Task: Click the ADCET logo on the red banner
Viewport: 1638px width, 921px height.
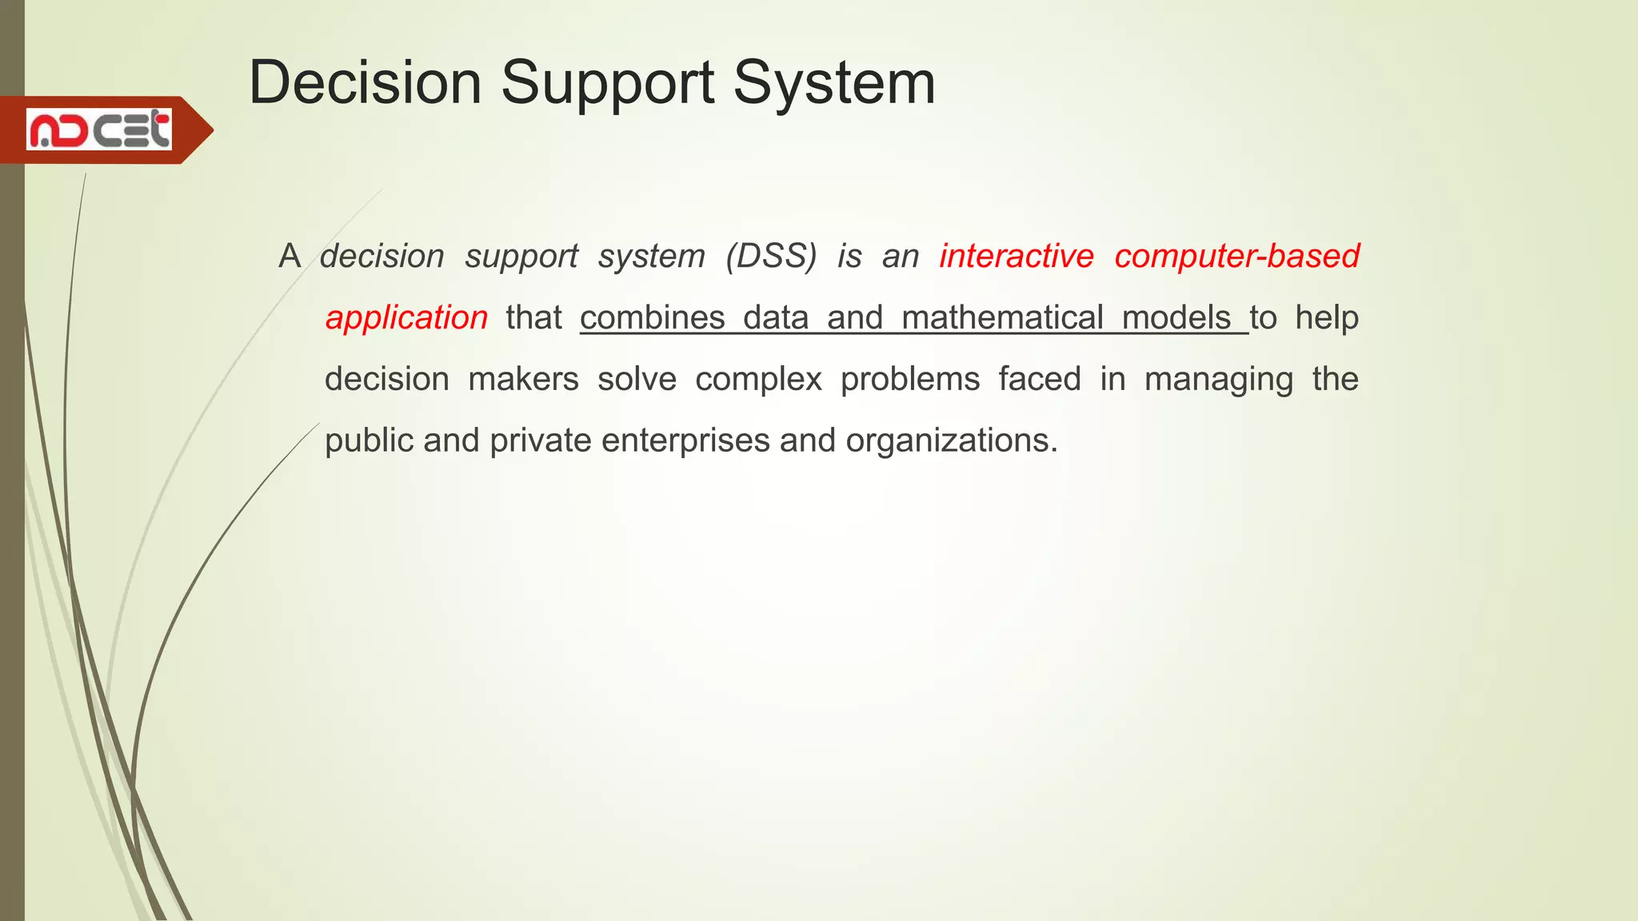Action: (x=99, y=130)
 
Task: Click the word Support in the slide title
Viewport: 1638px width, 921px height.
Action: (x=607, y=83)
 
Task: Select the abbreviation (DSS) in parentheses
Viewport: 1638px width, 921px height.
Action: (x=771, y=257)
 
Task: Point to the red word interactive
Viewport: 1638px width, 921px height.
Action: (x=1016, y=257)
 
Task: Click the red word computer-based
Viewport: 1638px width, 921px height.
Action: (x=1236, y=257)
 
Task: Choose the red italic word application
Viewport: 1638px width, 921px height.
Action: (x=406, y=318)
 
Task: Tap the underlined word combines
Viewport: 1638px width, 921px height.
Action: (x=652, y=318)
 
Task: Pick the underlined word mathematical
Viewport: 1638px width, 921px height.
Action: (x=1002, y=318)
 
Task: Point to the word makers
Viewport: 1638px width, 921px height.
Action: (x=523, y=379)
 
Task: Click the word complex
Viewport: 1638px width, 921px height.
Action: (x=758, y=380)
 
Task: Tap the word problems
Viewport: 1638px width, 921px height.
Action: (x=909, y=380)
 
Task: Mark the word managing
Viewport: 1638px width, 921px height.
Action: (x=1218, y=380)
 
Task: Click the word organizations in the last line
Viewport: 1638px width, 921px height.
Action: (x=951, y=441)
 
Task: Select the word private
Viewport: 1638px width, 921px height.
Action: (x=540, y=441)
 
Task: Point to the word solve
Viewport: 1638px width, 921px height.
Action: (x=637, y=379)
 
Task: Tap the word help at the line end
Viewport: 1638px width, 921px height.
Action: (x=1326, y=318)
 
